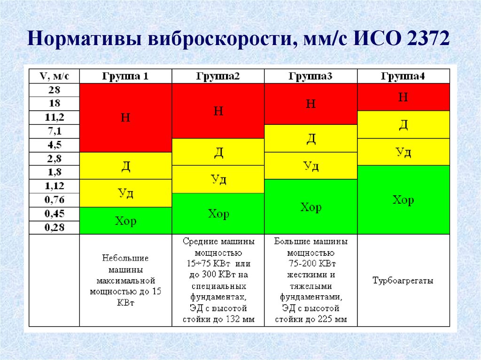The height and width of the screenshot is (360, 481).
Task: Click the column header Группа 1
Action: point(125,76)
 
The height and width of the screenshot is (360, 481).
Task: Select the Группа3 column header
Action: point(310,76)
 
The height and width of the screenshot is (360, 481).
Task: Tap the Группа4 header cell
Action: point(403,76)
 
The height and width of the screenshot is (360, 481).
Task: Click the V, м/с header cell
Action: point(54,76)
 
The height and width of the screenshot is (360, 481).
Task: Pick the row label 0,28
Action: point(54,228)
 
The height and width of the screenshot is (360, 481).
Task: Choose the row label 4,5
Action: point(54,145)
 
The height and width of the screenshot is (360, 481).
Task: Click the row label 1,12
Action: point(54,186)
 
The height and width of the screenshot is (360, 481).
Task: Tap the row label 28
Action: point(54,90)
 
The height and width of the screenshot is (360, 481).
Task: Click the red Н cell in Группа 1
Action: point(125,117)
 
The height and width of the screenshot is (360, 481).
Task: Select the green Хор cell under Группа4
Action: point(403,200)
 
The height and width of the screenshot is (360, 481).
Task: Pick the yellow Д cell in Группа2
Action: point(218,152)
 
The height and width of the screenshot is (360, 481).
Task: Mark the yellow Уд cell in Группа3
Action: point(310,166)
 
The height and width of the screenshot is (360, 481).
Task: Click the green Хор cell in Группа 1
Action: point(125,221)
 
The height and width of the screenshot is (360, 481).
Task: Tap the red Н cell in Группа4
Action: point(403,97)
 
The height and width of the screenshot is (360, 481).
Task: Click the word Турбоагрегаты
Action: point(403,281)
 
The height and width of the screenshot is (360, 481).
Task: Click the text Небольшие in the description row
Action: point(125,258)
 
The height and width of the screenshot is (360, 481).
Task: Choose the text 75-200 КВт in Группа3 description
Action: point(310,263)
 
